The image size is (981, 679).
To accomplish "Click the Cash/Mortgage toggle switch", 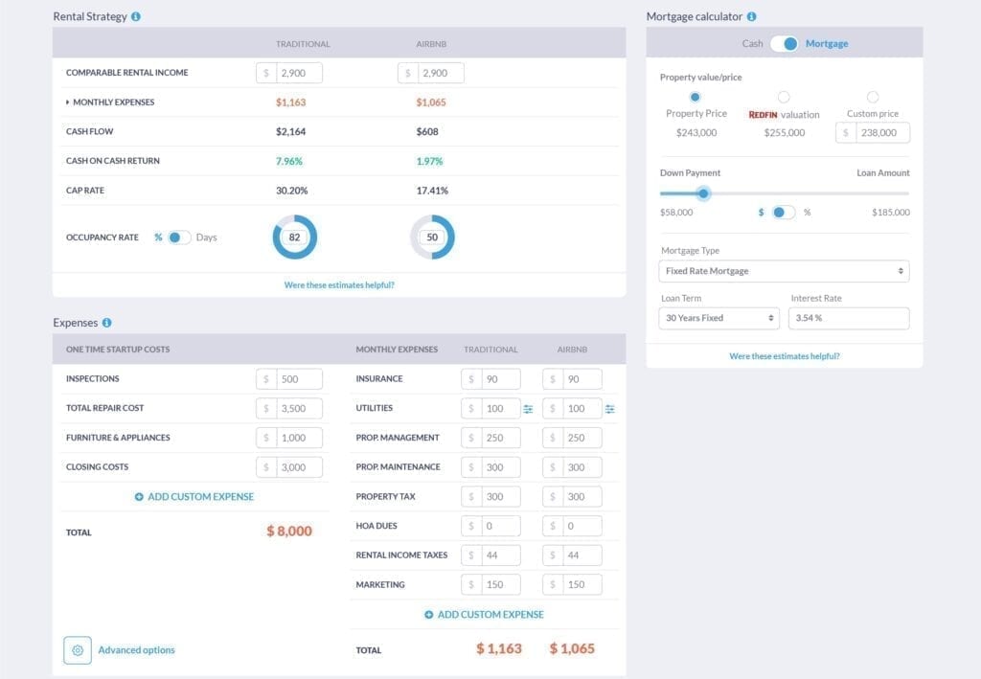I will point(784,43).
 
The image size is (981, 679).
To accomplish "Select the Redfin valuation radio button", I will point(784,97).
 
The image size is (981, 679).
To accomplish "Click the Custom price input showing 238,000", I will point(879,133).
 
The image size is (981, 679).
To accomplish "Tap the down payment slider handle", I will point(703,193).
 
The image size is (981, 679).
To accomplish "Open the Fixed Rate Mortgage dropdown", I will point(784,271).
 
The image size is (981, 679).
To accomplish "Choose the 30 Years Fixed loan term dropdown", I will point(719,318).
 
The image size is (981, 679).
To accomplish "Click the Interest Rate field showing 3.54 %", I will point(849,318).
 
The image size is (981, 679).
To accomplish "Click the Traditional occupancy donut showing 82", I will point(294,238).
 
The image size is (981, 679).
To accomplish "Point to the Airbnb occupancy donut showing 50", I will point(432,238).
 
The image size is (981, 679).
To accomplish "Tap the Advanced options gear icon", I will point(78,650).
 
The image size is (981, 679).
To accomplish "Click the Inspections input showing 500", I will point(298,379).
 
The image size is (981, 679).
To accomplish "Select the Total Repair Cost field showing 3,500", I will point(298,408).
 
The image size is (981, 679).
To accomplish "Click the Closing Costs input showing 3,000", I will point(298,467).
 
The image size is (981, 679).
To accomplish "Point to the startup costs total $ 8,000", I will point(289,531).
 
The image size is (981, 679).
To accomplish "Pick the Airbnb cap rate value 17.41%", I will point(431,191).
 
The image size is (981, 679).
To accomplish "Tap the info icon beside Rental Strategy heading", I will point(136,17).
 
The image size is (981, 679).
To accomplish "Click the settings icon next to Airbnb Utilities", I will point(609,409).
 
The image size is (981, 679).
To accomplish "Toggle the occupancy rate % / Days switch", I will point(179,238).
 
